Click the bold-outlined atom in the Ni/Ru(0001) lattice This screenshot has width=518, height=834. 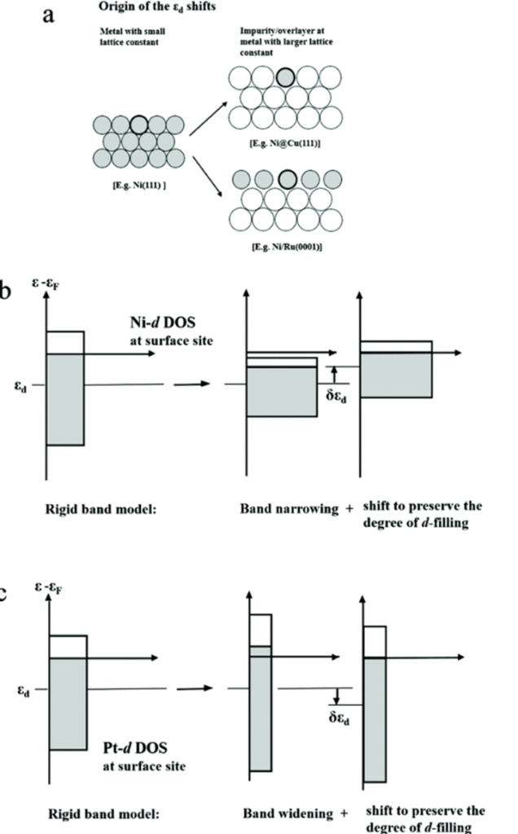coord(286,178)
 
